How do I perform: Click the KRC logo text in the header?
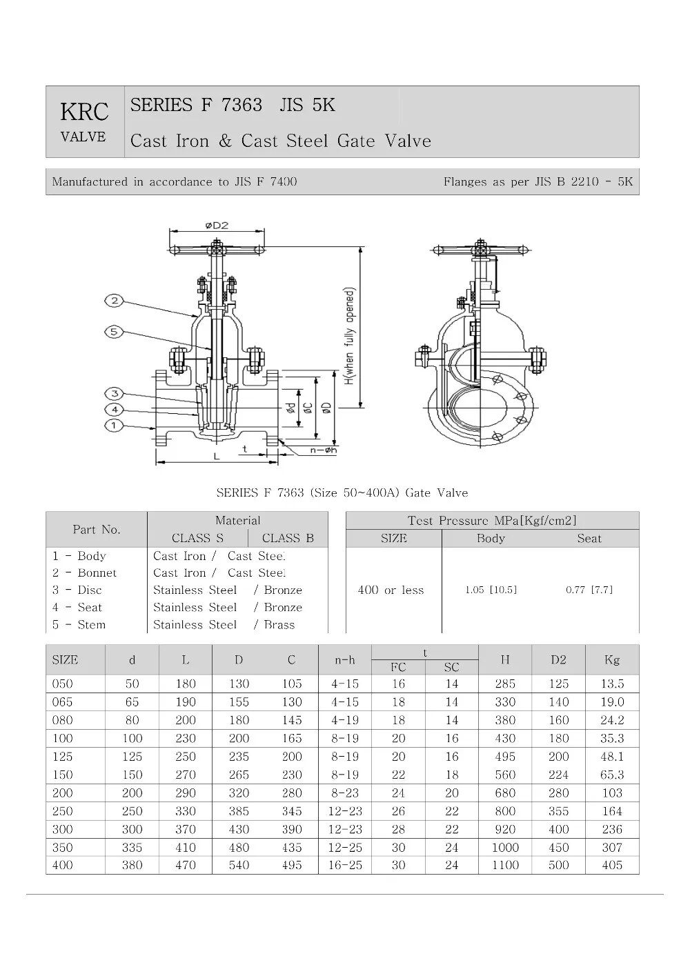pos(84,112)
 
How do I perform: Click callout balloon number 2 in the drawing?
pos(115,300)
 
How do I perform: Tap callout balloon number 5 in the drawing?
pos(115,332)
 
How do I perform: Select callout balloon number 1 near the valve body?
pos(115,426)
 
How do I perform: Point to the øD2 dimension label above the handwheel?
pos(217,226)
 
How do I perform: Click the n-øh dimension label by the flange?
pos(323,450)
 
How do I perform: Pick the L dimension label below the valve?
pos(216,457)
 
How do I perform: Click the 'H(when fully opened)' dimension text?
pos(350,336)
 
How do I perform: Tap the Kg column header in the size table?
pos(611,660)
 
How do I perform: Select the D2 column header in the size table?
pos(558,660)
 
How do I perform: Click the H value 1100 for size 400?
pos(505,865)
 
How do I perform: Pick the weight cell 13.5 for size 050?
pos(611,684)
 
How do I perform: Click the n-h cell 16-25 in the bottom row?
pos(345,865)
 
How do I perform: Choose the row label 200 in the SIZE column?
pos(63,793)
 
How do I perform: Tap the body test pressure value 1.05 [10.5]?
pos(491,590)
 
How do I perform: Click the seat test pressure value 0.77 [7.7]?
pos(589,590)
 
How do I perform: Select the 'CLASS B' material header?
pos(288,538)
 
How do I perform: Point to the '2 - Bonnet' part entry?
pos(85,572)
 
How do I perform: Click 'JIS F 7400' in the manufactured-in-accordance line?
pos(266,182)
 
